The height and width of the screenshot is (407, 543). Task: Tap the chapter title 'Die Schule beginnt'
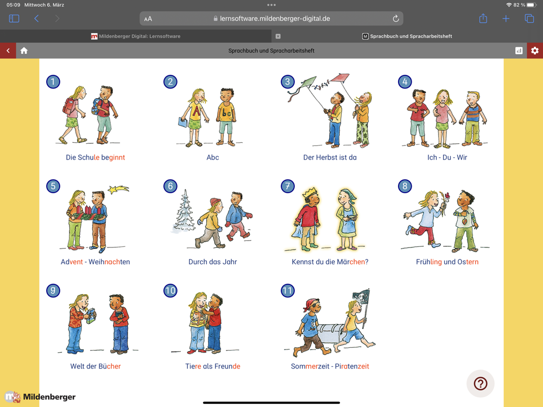pyautogui.click(x=95, y=157)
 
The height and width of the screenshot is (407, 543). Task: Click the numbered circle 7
pyautogui.click(x=287, y=186)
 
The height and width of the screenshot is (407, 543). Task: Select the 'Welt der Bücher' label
pyautogui.click(x=95, y=366)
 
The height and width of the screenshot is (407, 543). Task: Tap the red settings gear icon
pyautogui.click(x=535, y=50)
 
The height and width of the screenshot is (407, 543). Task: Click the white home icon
pyautogui.click(x=24, y=50)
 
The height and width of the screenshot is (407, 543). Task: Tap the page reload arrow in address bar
pyautogui.click(x=396, y=18)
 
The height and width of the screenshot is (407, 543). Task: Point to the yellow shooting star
pyautogui.click(x=118, y=189)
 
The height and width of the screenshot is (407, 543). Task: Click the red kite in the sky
pyautogui.click(x=340, y=78)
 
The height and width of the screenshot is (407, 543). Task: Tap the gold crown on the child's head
pyautogui.click(x=310, y=192)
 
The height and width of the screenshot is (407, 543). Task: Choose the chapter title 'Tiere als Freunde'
pyautogui.click(x=213, y=366)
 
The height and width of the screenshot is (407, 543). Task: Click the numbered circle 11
pyautogui.click(x=287, y=290)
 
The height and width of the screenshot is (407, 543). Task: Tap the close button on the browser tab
pyautogui.click(x=278, y=36)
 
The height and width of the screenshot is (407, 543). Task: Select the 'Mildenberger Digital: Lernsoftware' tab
pyautogui.click(x=136, y=36)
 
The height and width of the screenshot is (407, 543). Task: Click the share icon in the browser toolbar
pyautogui.click(x=483, y=18)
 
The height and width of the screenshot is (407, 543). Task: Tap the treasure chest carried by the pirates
pyautogui.click(x=332, y=333)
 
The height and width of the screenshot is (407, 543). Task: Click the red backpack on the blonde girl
pyautogui.click(x=69, y=106)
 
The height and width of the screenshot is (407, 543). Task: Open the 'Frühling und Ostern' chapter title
pyautogui.click(x=447, y=262)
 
